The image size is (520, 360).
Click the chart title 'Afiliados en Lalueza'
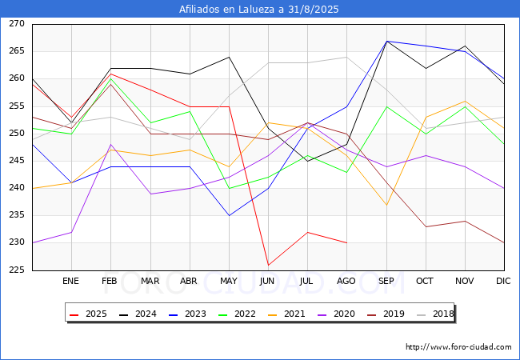point(226,9)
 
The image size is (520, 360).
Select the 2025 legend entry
point(88,314)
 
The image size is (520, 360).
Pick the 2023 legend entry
point(187,314)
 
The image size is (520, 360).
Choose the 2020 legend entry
point(336,314)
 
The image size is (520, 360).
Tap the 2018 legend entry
point(435,314)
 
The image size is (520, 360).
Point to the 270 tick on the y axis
point(17,23)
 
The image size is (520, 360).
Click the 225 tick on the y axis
point(17,270)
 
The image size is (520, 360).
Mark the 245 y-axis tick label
point(17,161)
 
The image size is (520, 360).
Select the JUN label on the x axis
point(267,281)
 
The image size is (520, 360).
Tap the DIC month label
point(503,281)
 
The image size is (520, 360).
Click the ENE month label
point(70,281)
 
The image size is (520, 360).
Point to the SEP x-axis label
point(386,281)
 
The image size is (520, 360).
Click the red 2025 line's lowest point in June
point(268,265)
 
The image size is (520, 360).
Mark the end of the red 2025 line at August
point(347,243)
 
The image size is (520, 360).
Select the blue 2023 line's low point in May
point(229,216)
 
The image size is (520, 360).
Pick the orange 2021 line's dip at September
point(386,205)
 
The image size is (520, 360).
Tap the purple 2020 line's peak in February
point(110,145)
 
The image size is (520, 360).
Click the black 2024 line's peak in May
point(229,57)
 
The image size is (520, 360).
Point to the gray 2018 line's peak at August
point(347,57)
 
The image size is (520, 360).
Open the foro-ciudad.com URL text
point(458,347)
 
